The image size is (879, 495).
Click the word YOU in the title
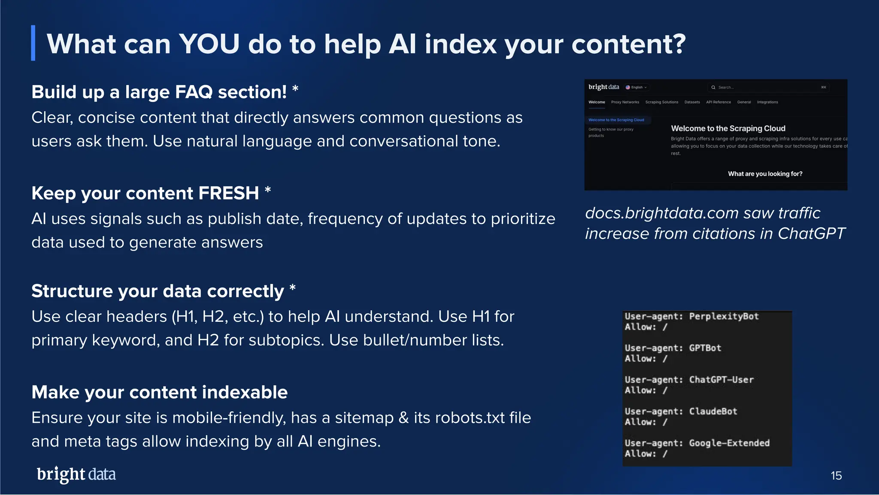pos(209,44)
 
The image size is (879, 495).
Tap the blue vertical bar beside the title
pos(33,43)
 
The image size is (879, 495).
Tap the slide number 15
pos(836,476)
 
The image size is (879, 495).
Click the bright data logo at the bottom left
pos(76,474)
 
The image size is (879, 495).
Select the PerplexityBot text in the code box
pos(724,316)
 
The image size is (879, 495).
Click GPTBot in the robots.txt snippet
pos(705,348)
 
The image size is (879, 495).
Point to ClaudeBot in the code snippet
pos(713,411)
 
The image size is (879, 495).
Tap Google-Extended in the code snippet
pos(729,443)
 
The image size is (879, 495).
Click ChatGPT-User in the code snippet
pos(721,380)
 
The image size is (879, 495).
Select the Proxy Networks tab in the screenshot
pos(625,102)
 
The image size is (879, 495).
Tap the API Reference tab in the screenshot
pos(718,102)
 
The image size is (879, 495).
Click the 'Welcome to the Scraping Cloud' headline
pos(728,128)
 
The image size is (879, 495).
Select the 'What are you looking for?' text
pos(765,174)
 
